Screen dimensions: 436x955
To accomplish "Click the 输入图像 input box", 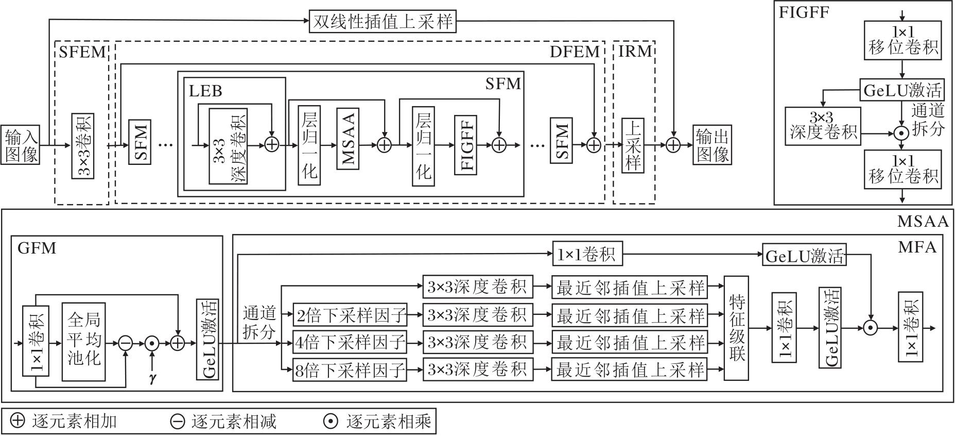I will click(21, 145).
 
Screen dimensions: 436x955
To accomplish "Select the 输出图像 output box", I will click(713, 145).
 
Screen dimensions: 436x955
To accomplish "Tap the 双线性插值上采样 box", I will click(383, 22).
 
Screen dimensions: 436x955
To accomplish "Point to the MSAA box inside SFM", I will click(348, 138).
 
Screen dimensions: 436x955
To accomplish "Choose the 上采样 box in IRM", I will click(633, 145).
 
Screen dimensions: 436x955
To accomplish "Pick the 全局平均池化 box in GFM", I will click(83, 342).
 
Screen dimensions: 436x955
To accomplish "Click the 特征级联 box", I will click(737, 328).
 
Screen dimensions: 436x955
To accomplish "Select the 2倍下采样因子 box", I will click(350, 314).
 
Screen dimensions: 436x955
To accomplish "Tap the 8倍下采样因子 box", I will click(350, 370).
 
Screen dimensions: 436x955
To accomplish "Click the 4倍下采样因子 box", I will click(350, 342).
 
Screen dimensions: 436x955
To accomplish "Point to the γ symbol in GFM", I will click(152, 379).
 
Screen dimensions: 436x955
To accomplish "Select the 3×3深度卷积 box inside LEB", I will click(228, 146).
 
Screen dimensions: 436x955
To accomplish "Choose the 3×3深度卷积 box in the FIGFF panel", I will click(823, 125).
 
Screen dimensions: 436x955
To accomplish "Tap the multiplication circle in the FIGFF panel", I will click(900, 133).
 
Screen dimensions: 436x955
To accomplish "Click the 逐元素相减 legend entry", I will click(224, 421).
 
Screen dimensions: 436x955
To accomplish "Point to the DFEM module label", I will click(575, 52).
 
